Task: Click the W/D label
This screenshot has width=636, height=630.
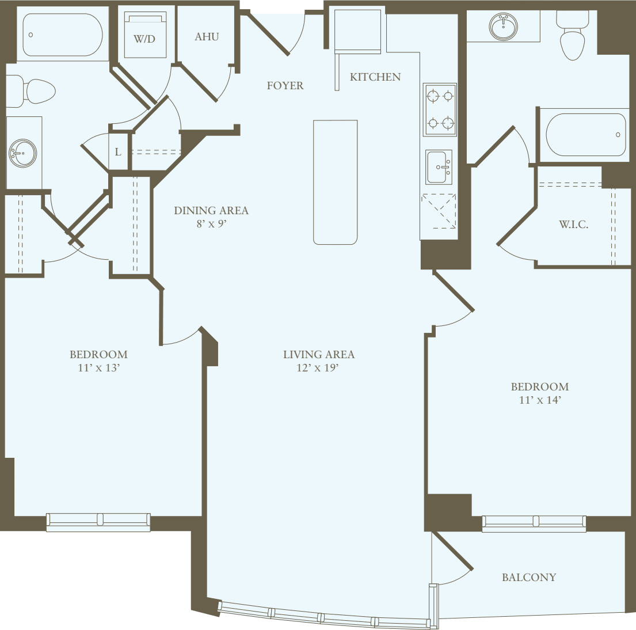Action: pos(144,39)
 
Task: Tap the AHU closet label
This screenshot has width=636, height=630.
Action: pos(207,36)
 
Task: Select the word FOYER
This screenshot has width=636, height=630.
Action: pos(285,86)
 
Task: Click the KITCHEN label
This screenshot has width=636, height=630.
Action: pos(375,77)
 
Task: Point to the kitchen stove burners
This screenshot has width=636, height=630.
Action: pos(440,109)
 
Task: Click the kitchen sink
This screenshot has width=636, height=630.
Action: pos(439,167)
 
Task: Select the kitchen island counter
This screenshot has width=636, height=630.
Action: pos(336,182)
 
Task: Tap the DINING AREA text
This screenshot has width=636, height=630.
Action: pos(211,211)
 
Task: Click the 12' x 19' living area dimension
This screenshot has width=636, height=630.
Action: pos(318,368)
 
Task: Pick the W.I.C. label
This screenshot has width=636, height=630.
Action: pos(573,225)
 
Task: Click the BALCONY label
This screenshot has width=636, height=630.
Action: pos(529,577)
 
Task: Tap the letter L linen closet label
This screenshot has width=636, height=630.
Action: pos(118,153)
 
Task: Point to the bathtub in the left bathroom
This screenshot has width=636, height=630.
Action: pos(62,35)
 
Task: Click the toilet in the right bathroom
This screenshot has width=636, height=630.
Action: pos(572,39)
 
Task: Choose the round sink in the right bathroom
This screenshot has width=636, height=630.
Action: pos(504,26)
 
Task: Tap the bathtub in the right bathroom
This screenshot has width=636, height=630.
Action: pos(585,135)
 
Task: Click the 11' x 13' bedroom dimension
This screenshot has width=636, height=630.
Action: pos(98,368)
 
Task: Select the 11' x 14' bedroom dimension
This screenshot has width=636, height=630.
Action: pos(539,400)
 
